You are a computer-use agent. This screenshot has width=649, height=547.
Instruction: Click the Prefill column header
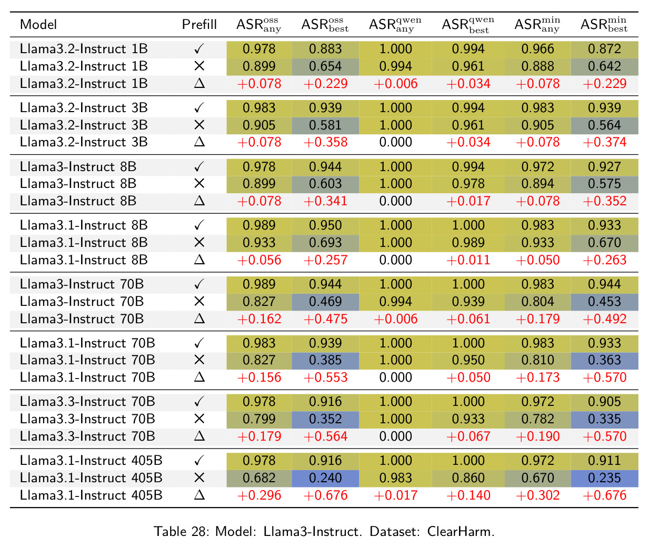(x=199, y=24)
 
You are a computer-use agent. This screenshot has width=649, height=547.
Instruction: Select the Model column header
(x=38, y=24)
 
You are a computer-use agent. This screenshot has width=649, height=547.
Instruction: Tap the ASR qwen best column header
(x=468, y=24)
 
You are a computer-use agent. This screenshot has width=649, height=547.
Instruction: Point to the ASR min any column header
(x=537, y=24)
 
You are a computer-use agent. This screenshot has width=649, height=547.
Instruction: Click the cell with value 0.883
(x=325, y=49)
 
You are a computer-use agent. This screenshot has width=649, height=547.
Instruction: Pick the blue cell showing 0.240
(x=325, y=478)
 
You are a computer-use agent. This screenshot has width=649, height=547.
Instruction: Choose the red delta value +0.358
(x=325, y=142)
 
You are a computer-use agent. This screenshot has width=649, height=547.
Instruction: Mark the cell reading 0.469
(x=325, y=301)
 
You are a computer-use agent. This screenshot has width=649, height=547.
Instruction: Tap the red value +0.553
(x=325, y=377)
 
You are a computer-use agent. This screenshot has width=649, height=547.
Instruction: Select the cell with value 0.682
(x=259, y=478)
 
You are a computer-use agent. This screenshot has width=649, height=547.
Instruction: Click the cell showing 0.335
(x=604, y=419)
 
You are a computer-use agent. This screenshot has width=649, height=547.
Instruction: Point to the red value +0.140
(x=468, y=495)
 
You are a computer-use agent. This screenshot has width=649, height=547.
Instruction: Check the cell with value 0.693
(x=325, y=243)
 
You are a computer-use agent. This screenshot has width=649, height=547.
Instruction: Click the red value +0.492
(x=604, y=319)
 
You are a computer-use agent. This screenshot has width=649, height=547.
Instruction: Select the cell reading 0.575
(x=604, y=183)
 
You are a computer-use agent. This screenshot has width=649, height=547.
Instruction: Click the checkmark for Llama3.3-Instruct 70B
(x=199, y=402)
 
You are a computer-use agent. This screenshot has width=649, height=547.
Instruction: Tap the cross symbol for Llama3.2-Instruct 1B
(x=199, y=66)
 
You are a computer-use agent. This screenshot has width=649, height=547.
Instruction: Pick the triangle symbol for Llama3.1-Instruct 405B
(x=199, y=495)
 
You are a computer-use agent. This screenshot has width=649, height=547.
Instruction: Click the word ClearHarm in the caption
(x=461, y=531)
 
